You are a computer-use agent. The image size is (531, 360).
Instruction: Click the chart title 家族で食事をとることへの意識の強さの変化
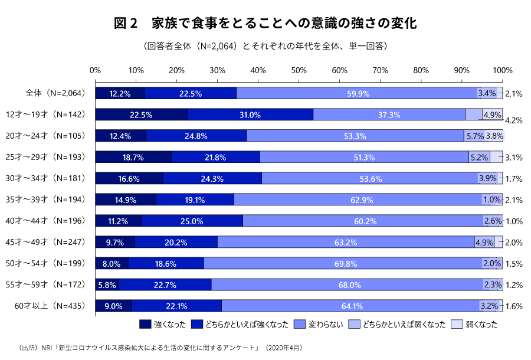(x=265, y=24)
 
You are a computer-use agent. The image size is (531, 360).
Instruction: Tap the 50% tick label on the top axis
(x=299, y=70)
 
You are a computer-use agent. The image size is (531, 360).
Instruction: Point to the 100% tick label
(x=502, y=70)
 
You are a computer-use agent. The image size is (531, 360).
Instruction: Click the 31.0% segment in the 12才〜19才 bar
(x=250, y=114)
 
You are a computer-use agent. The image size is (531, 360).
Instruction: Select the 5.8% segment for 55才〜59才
(x=107, y=284)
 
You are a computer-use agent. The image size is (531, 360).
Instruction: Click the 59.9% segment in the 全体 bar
(x=358, y=93)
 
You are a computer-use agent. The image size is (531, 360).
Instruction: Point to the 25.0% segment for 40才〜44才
(x=192, y=221)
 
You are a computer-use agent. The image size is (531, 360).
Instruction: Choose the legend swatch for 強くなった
(x=145, y=324)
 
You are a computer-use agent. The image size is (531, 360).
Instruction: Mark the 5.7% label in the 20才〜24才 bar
(x=475, y=136)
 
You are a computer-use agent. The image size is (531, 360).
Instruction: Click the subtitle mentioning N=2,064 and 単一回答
(x=265, y=45)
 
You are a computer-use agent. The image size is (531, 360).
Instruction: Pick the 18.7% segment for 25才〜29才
(x=133, y=157)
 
